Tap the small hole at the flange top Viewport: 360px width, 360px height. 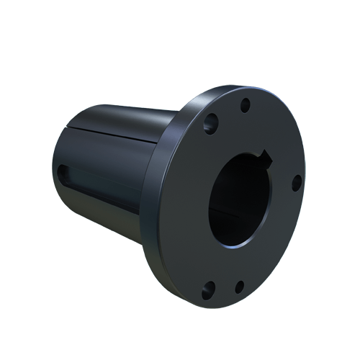[246, 104]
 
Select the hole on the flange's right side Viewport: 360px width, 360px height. [296, 184]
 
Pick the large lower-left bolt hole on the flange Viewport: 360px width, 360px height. [208, 289]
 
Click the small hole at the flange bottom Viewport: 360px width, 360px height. [240, 286]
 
